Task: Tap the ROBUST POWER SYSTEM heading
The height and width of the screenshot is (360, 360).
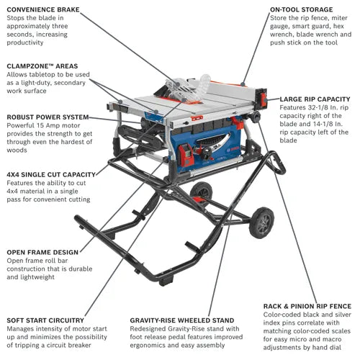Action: [x=48, y=117]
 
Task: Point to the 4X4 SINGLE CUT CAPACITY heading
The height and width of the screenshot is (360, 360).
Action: [x=50, y=174]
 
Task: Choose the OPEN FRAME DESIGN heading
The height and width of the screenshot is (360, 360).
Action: [x=44, y=252]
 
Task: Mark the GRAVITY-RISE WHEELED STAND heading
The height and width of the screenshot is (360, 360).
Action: [x=181, y=320]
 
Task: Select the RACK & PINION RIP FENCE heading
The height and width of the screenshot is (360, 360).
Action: [x=311, y=305]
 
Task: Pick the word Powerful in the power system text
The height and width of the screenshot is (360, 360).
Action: [x=22, y=127]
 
